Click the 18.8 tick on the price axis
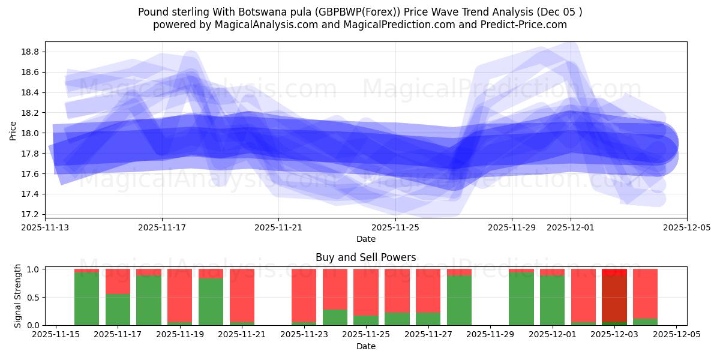(x=31, y=52)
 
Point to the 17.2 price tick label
(x=31, y=214)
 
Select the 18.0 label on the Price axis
(x=31, y=133)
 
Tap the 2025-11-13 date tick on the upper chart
(x=46, y=227)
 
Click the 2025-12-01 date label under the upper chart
(x=570, y=227)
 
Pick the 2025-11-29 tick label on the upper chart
(x=512, y=227)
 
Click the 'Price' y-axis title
(x=13, y=130)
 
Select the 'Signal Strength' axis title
(x=18, y=296)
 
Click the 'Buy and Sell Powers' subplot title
(x=365, y=257)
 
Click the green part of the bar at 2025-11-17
(x=118, y=310)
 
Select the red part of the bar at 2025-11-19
(x=180, y=294)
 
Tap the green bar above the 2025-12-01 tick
(x=552, y=300)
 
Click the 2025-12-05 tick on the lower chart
(x=677, y=334)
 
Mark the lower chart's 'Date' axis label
(x=365, y=346)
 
